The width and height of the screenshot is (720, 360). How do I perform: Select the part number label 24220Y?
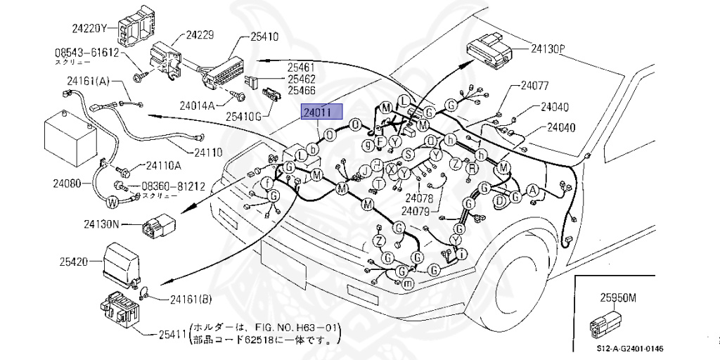89,29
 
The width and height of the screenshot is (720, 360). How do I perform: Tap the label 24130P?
548,49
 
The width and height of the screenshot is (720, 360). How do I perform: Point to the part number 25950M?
617,297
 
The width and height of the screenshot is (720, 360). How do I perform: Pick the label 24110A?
163,166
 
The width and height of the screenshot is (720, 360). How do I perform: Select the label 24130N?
103,225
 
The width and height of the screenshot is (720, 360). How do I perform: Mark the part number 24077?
534,86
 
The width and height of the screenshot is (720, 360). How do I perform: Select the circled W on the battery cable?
110,202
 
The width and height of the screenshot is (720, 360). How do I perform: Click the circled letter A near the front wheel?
532,190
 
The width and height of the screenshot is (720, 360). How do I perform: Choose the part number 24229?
200,33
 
